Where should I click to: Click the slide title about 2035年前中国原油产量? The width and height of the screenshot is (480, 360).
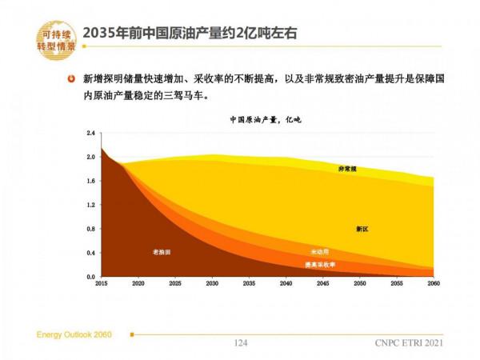[195, 33]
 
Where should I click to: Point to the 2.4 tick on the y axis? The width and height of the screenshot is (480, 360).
[90, 133]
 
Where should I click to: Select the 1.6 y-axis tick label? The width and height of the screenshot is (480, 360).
[90, 181]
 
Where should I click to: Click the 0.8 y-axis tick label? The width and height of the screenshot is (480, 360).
[90, 229]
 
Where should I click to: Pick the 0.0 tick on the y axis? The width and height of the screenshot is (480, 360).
[90, 277]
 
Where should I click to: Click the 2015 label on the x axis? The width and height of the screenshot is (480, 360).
[101, 284]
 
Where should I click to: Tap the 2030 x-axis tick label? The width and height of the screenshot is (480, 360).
[212, 284]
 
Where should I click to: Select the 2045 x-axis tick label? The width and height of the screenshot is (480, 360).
[323, 284]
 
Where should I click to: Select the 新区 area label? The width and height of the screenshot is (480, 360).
[362, 229]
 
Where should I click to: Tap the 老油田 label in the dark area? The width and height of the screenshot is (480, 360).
[162, 252]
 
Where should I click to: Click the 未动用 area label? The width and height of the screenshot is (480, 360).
[319, 252]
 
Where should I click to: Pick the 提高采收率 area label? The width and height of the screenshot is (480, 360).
[320, 264]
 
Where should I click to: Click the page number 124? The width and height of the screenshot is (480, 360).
[240, 342]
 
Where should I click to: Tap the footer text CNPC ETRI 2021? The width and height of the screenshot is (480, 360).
[407, 342]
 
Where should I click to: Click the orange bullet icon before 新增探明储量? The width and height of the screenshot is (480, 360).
[72, 80]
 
